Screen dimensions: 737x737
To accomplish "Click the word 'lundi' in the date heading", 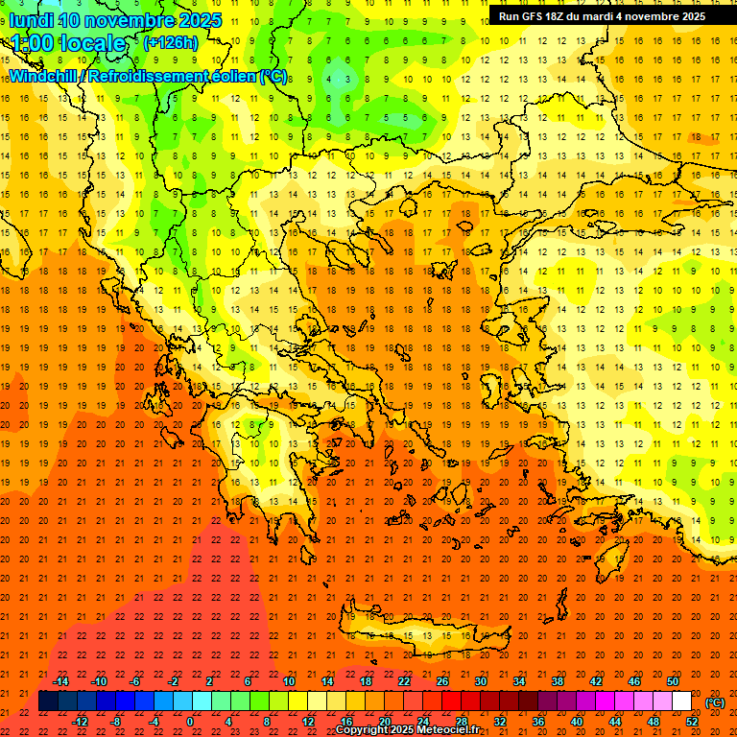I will [x=32, y=20].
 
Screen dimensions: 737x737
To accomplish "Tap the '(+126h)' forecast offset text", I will [x=170, y=42].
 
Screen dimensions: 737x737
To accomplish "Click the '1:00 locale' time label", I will [x=68, y=43].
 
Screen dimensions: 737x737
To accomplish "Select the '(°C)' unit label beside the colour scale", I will [x=715, y=702].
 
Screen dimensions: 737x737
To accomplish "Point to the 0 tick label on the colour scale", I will [x=190, y=722].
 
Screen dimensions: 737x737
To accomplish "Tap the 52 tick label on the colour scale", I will [x=693, y=722].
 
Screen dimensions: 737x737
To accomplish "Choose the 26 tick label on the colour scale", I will [x=441, y=681].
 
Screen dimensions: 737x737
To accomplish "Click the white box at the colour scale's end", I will [x=682, y=701].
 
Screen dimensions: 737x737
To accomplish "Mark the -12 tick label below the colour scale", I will [x=80, y=722].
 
